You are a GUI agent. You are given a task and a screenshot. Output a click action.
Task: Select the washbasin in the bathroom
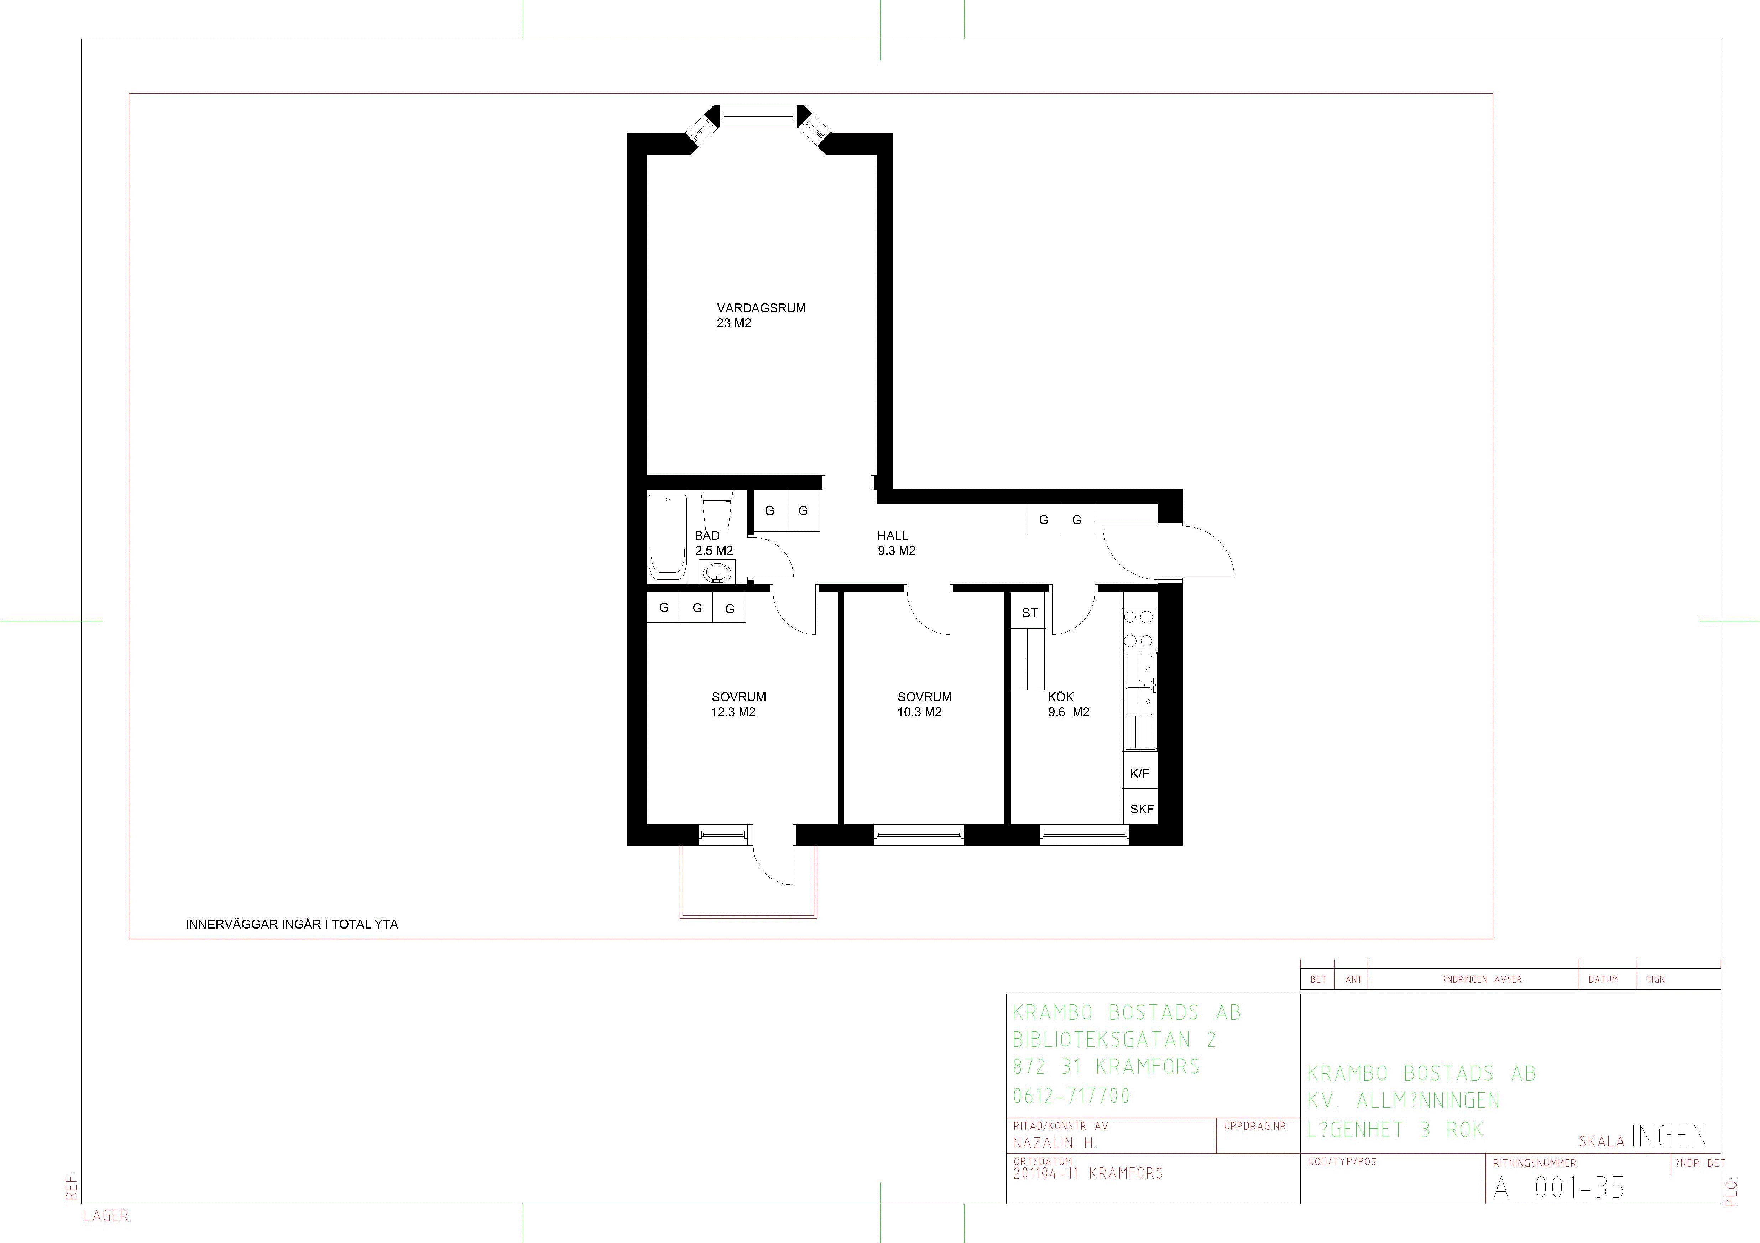[x=717, y=572]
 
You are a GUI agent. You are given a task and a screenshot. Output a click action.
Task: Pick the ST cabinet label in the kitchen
[x=1029, y=613]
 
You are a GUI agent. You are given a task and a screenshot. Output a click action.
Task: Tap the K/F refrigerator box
[x=1140, y=774]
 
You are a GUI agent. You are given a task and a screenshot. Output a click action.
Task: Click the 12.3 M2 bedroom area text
[x=733, y=712]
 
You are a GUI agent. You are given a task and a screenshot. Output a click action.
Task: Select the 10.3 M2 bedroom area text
[x=920, y=712]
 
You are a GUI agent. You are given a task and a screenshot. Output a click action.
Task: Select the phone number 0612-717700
[x=1072, y=1096]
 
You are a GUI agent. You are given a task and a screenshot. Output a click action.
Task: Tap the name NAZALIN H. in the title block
[x=1055, y=1142]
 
